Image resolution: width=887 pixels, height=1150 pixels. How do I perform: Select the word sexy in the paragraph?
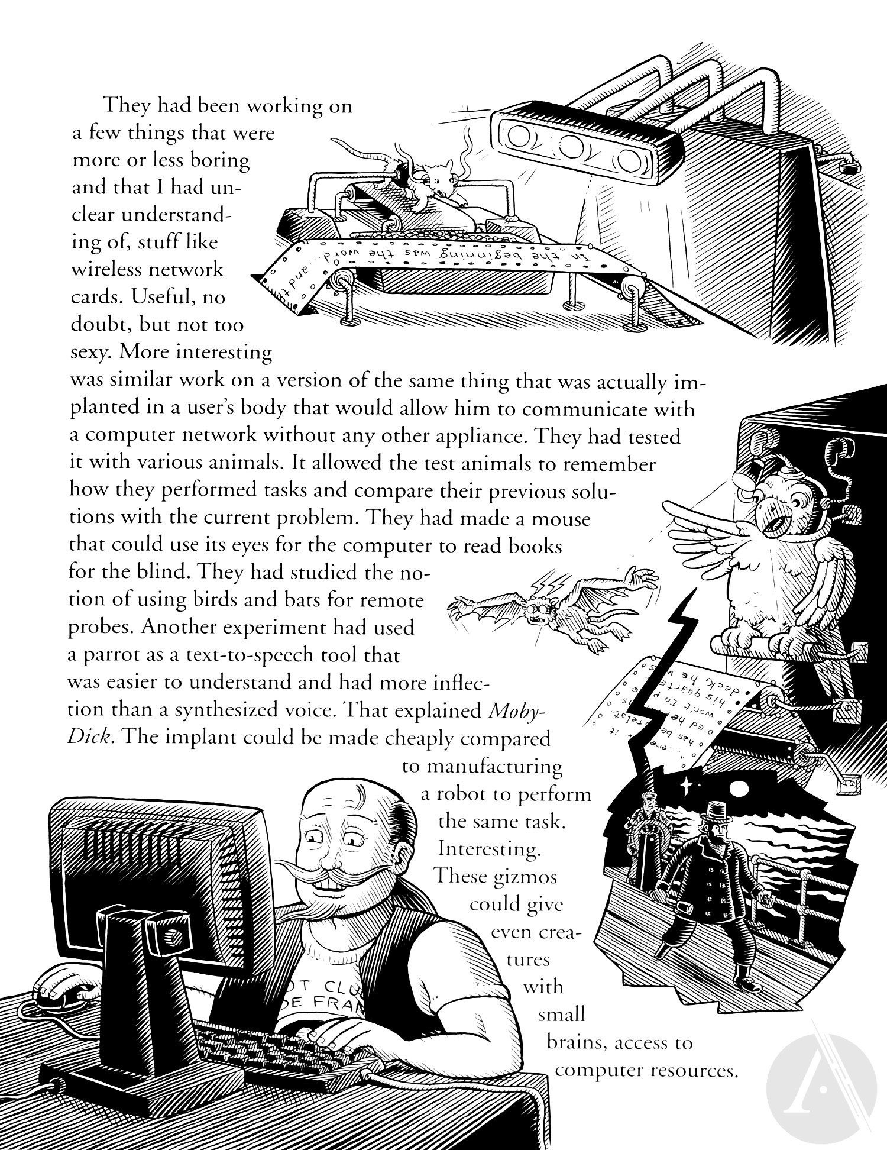[x=91, y=353]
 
